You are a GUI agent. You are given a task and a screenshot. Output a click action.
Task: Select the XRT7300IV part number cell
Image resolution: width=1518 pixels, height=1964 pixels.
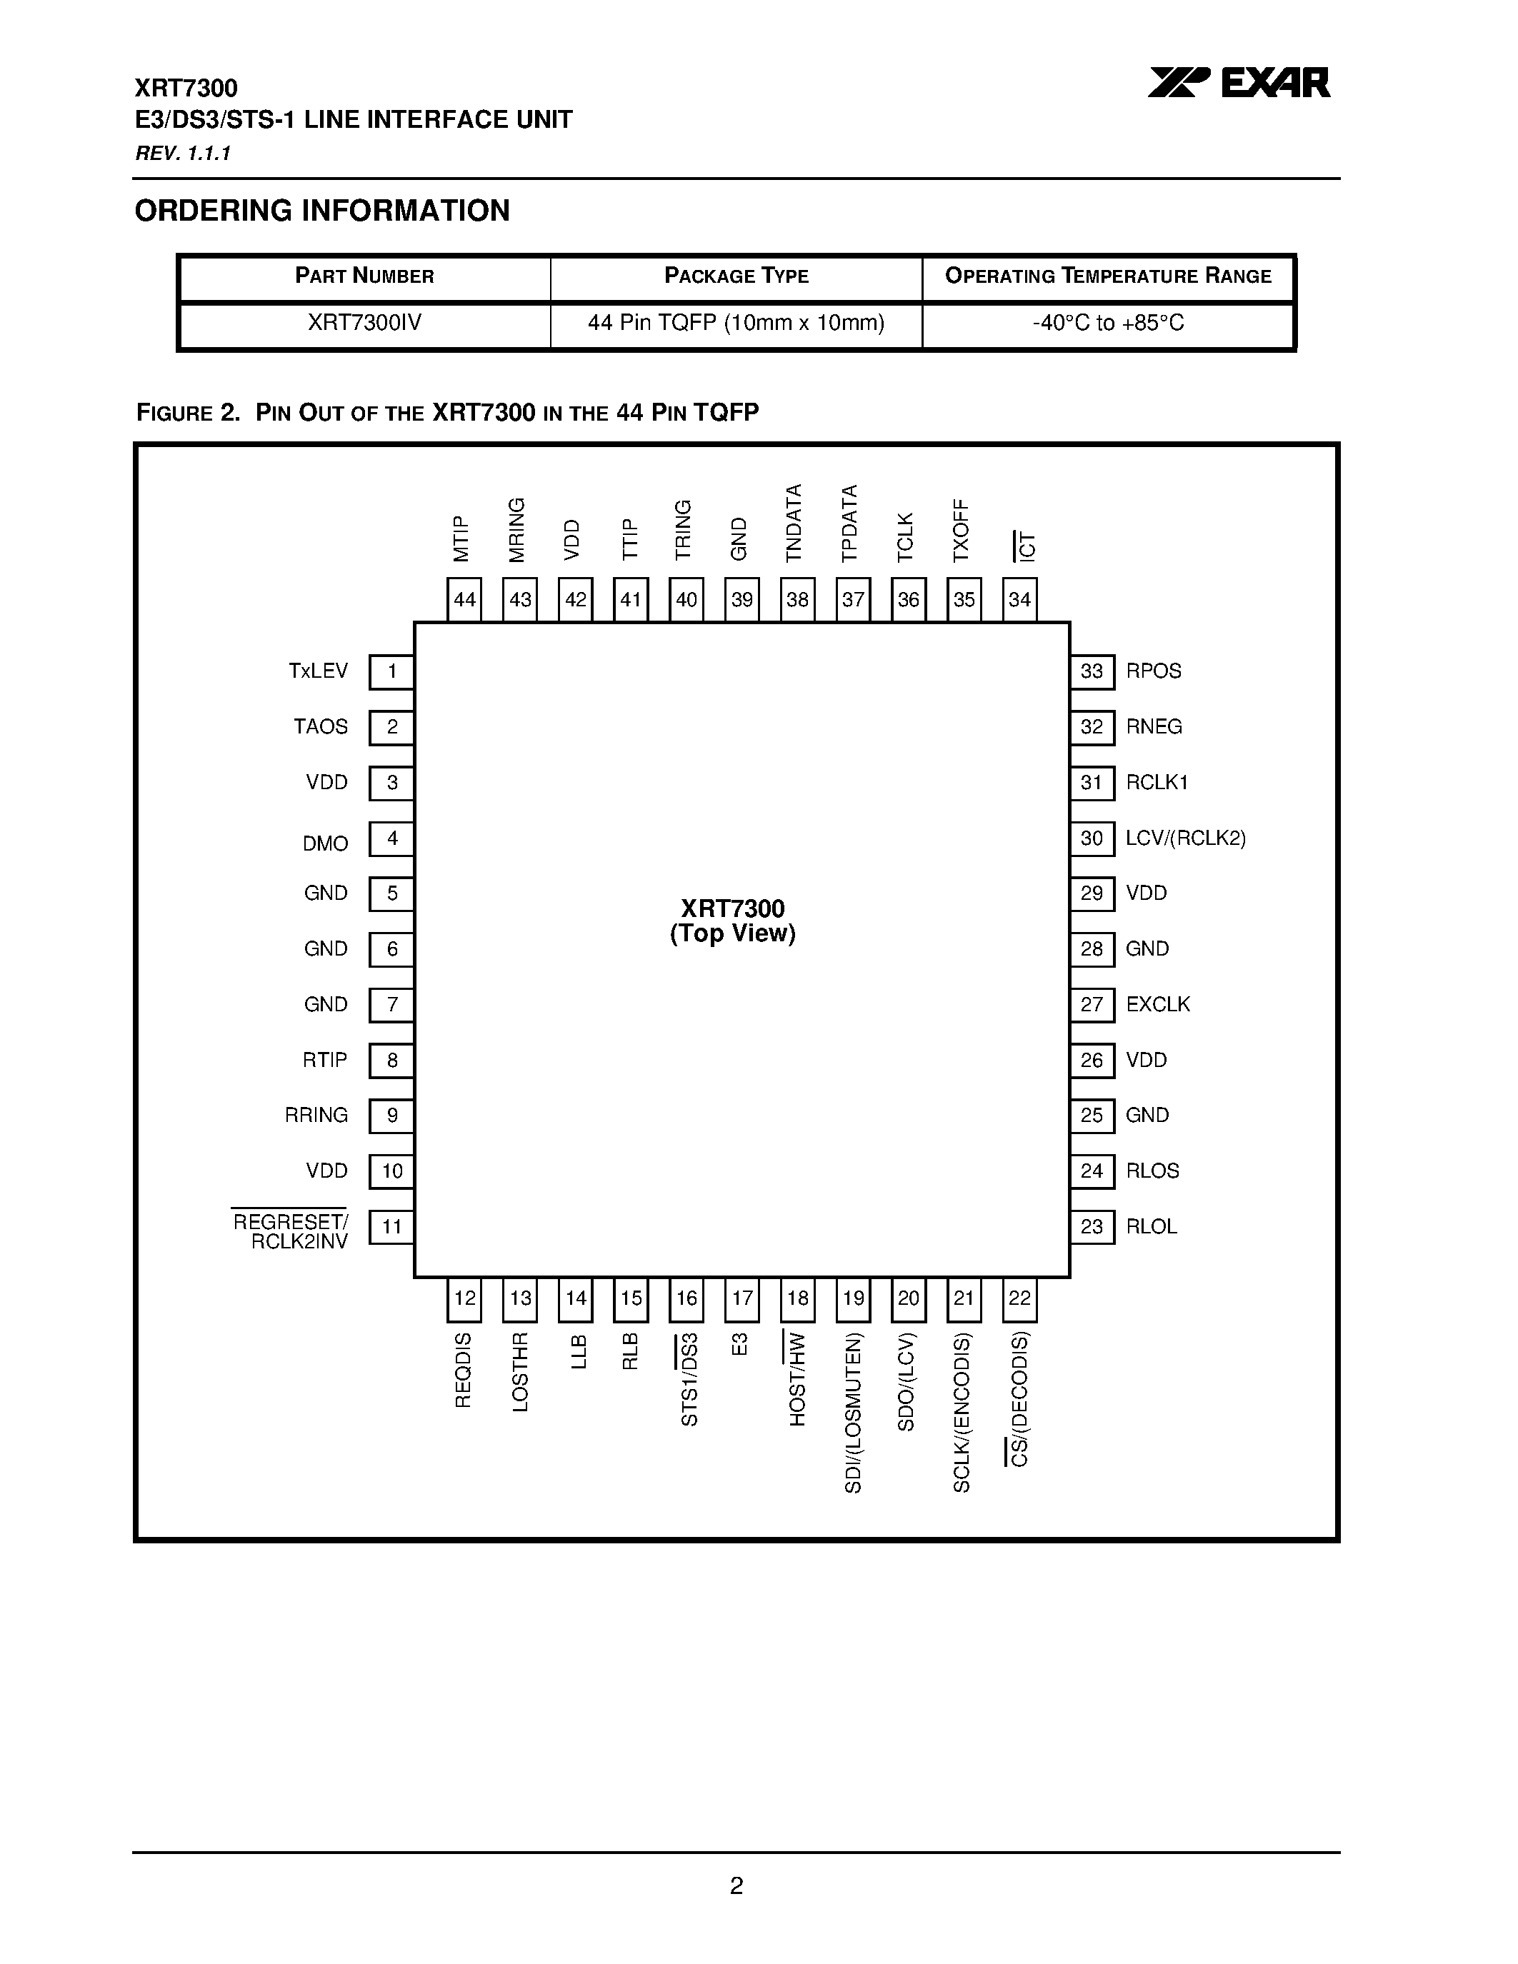coord(364,323)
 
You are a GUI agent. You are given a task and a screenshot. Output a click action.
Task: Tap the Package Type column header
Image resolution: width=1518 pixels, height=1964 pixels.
coord(736,276)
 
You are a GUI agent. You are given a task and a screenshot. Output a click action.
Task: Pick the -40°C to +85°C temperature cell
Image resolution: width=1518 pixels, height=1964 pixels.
coord(1108,323)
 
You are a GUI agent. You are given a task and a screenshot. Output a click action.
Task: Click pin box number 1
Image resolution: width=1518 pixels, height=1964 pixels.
coord(391,672)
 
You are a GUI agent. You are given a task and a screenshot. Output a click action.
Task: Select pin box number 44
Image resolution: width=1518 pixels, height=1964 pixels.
coord(464,600)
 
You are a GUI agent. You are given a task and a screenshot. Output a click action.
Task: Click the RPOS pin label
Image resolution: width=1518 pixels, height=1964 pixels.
coord(1153,671)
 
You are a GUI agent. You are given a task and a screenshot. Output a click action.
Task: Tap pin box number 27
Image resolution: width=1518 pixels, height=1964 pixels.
coord(1092,1004)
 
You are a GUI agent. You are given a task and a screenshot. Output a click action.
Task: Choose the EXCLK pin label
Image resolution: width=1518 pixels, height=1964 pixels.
coord(1157,1004)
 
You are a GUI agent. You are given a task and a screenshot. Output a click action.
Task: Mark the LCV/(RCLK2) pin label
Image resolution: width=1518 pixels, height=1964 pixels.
coord(1185,838)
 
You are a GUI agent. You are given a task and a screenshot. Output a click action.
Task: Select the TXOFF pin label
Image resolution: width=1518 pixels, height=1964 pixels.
coord(962,531)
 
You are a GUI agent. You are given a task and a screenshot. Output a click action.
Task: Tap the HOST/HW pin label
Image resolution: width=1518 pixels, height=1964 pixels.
coord(797,1378)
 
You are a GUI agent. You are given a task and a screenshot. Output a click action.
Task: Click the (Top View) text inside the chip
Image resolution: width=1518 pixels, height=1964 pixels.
coord(732,933)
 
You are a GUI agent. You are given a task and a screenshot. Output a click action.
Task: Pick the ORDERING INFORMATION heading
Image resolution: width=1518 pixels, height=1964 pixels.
coord(322,211)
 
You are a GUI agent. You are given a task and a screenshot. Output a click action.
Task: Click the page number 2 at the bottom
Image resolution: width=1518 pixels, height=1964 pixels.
coord(736,1885)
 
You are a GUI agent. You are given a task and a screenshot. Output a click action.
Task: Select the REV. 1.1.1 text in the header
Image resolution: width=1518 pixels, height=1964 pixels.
coord(183,154)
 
